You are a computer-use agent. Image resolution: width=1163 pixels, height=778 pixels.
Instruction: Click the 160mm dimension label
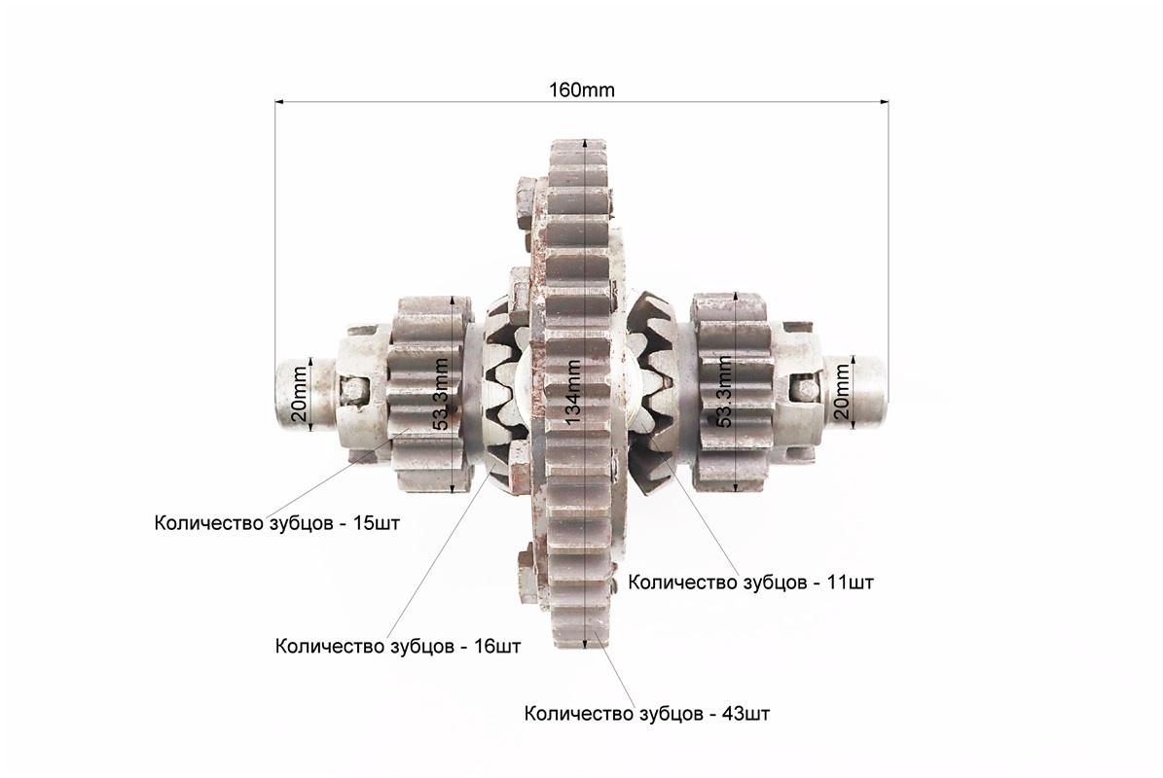582,90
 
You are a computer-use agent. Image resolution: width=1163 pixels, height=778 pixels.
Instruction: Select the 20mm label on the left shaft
298,394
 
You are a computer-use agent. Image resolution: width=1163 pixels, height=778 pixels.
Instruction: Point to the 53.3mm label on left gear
441,394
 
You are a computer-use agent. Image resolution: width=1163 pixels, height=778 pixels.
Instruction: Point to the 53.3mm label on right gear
724,392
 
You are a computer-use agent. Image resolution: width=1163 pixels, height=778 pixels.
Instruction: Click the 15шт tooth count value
376,523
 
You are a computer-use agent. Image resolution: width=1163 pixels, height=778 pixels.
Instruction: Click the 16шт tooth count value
497,646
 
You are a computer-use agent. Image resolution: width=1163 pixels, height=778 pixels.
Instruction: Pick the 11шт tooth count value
850,583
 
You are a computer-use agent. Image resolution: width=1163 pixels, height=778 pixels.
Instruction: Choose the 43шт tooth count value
746,714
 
